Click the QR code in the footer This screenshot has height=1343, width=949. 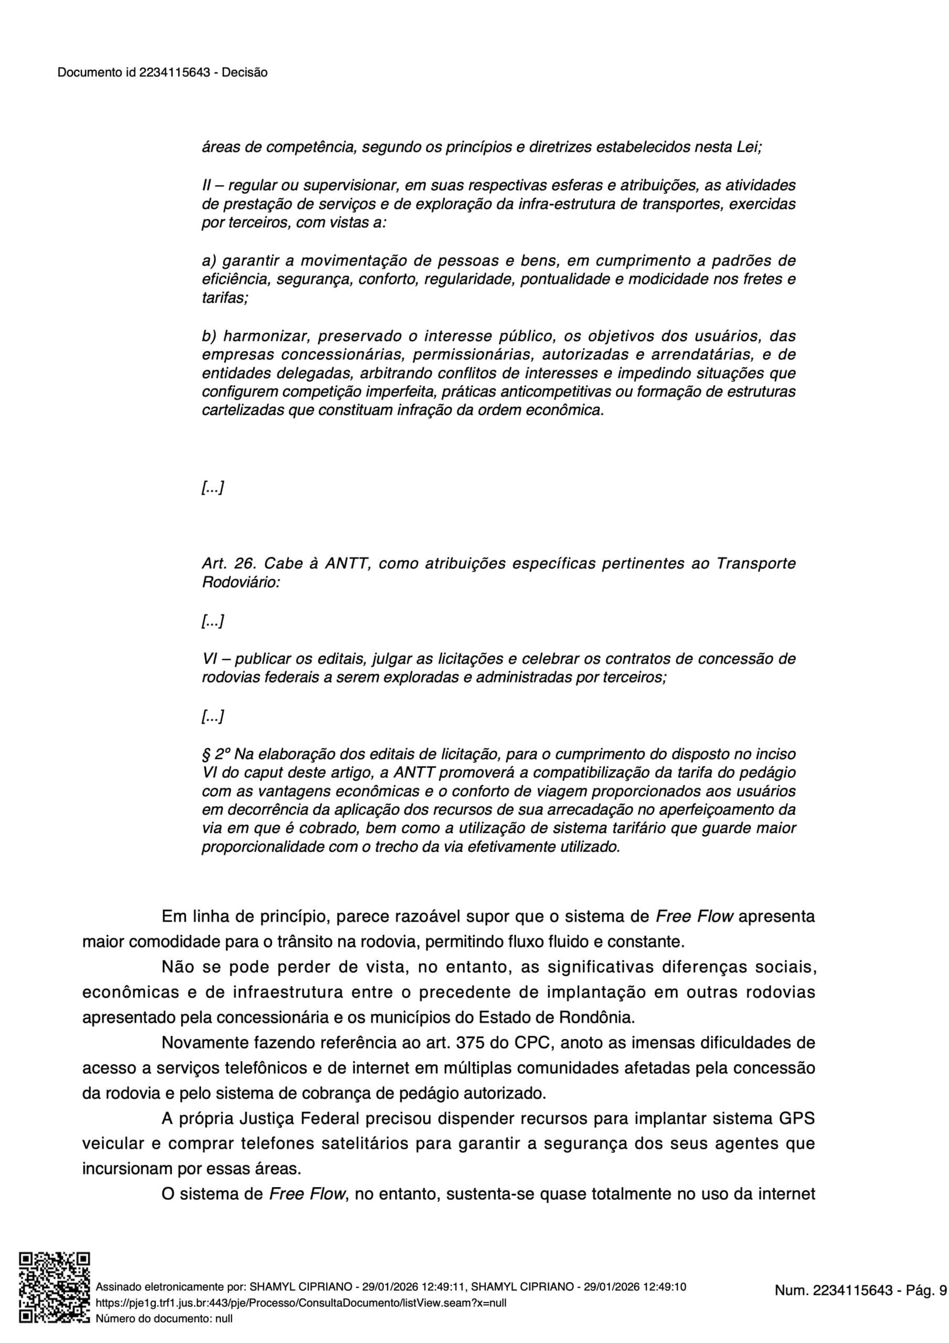55,1287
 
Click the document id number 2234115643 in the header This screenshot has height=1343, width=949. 174,72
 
